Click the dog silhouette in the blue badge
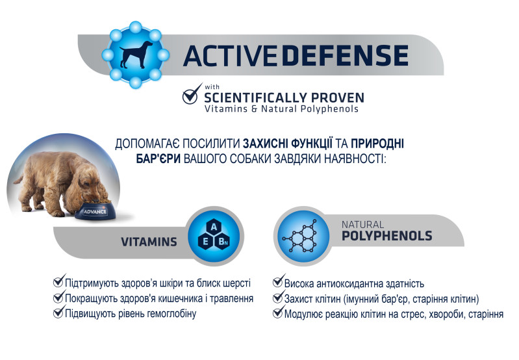click(x=136, y=55)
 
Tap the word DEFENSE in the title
click(x=345, y=55)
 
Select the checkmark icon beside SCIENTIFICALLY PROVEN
click(x=192, y=94)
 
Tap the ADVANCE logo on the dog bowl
click(x=95, y=212)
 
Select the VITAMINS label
click(x=149, y=242)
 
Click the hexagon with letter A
click(x=214, y=227)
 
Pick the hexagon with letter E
click(x=205, y=242)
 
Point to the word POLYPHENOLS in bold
click(x=387, y=236)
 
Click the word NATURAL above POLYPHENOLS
click(x=362, y=225)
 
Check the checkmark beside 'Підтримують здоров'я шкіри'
click(x=59, y=281)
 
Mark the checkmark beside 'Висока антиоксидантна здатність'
click(x=279, y=281)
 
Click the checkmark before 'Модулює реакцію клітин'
click(x=279, y=311)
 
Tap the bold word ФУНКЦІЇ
click(x=312, y=144)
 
